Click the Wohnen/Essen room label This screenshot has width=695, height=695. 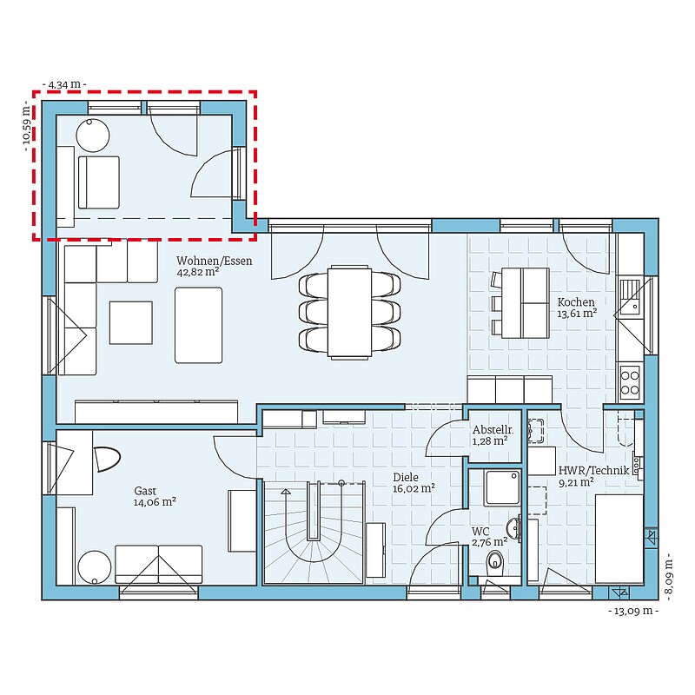pyautogui.click(x=214, y=261)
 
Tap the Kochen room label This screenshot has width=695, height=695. pyautogui.click(x=576, y=301)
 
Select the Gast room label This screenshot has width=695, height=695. pyautogui.click(x=145, y=491)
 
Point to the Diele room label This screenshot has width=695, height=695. pyautogui.click(x=406, y=477)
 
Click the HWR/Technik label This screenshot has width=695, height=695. pyautogui.click(x=593, y=470)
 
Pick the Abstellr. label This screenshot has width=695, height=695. pyautogui.click(x=493, y=429)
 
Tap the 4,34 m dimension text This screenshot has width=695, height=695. pyautogui.click(x=64, y=84)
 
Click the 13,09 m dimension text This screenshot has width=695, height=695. pyautogui.click(x=633, y=611)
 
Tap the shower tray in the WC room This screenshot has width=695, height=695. pyautogui.click(x=502, y=487)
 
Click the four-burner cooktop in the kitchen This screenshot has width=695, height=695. pyautogui.click(x=629, y=382)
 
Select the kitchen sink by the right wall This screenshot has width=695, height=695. pyautogui.click(x=630, y=296)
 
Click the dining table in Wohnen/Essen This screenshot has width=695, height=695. pyautogui.click(x=349, y=311)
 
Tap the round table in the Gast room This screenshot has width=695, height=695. pyautogui.click(x=95, y=567)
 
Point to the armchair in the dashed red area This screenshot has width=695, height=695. pyautogui.click(x=99, y=182)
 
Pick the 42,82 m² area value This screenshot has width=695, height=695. pyautogui.click(x=198, y=272)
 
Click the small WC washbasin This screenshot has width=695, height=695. pyautogui.click(x=513, y=528)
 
